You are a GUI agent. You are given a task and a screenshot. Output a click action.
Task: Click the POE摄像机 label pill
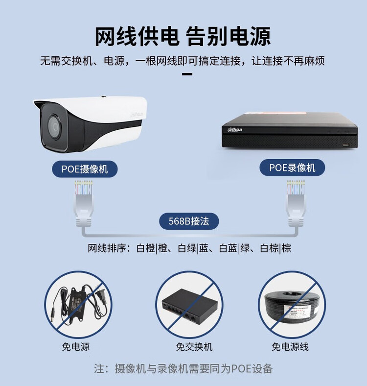point(85,169)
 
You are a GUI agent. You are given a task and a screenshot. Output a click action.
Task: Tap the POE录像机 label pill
point(292,168)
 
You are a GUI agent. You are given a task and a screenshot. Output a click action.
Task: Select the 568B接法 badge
point(189,221)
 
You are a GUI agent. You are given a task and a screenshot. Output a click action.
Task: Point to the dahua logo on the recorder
point(235,130)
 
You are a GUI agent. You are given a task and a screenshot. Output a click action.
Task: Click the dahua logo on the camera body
point(137,115)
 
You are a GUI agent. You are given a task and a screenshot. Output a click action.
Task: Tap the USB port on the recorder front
point(346,145)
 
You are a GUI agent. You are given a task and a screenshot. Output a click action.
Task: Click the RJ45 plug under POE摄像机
point(84,204)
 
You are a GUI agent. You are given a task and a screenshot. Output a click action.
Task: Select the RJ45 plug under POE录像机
point(296,204)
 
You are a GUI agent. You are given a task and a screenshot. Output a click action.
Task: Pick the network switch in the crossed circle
point(189,306)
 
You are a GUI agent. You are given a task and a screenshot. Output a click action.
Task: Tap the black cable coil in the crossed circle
point(292,307)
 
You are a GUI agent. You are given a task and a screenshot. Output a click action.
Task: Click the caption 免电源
point(76,347)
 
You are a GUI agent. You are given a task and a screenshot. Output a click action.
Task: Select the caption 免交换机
point(194,347)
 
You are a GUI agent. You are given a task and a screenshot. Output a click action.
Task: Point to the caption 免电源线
point(290,347)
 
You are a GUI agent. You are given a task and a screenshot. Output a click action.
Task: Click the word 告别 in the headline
point(206,37)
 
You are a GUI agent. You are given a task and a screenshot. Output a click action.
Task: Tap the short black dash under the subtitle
point(187,74)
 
